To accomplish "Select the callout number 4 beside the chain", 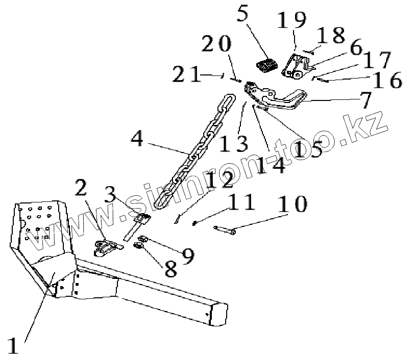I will click(136, 139).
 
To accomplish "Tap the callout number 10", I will click(293, 204).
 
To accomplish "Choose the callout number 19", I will click(292, 21).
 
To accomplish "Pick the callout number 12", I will click(220, 180).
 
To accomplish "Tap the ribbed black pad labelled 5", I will click(265, 66).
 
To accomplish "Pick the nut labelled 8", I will click(138, 247).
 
